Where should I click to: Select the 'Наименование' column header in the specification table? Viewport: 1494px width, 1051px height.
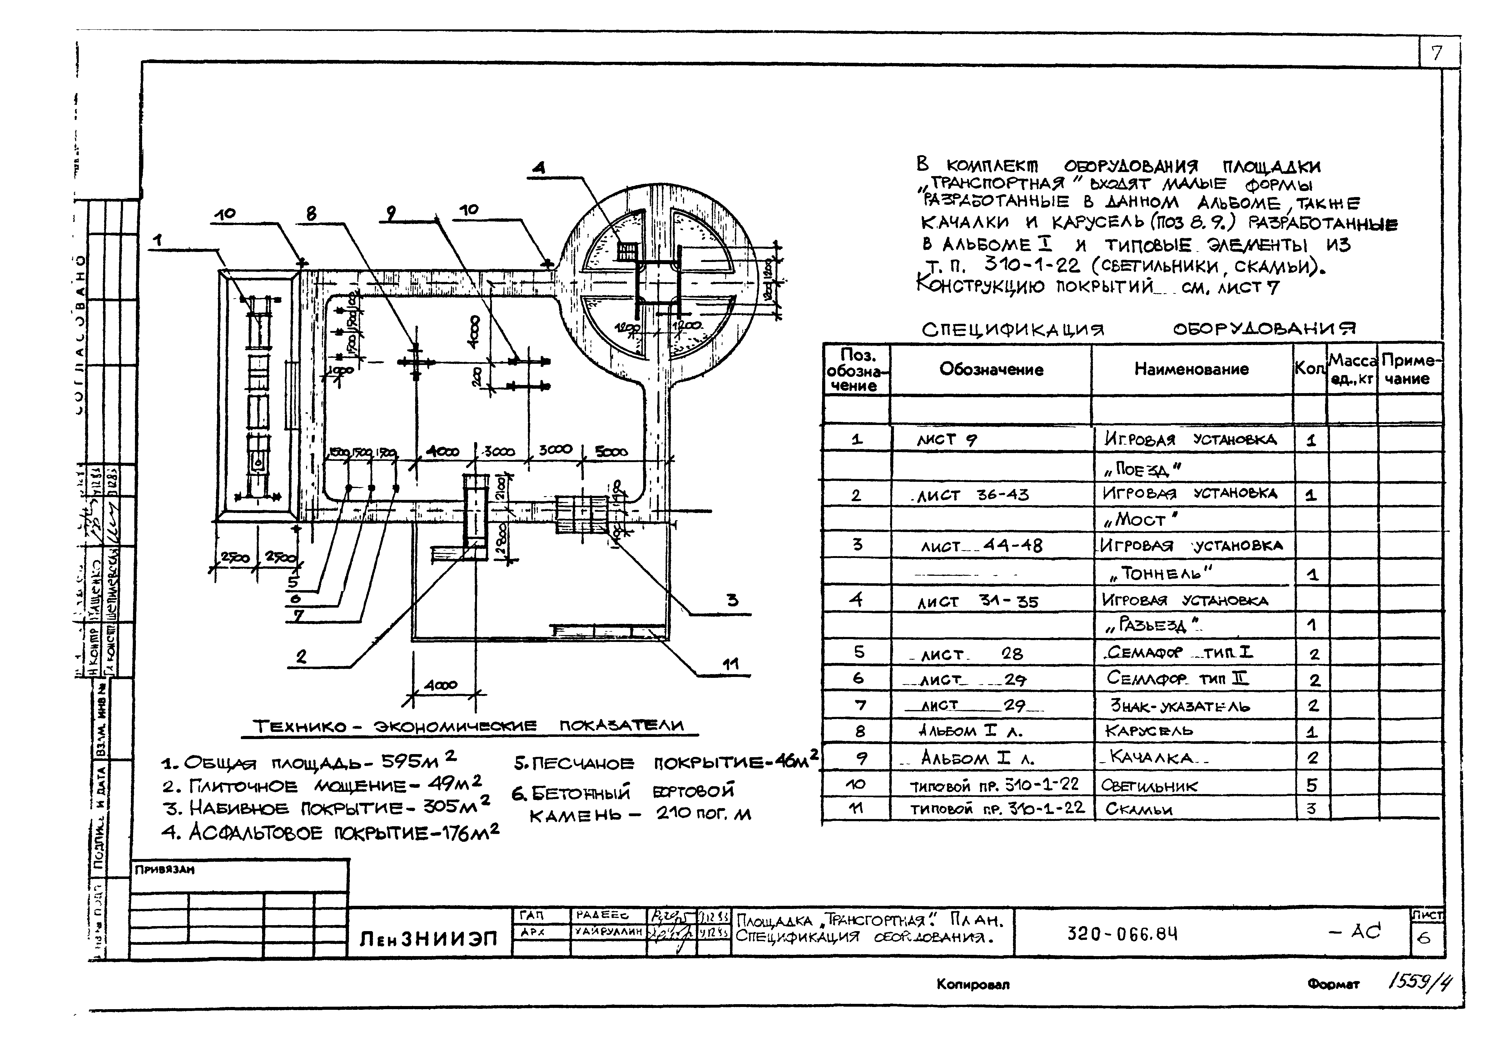tap(1191, 369)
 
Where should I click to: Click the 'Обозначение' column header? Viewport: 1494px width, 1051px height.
tap(991, 369)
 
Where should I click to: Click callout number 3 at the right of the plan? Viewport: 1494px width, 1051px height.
tap(733, 600)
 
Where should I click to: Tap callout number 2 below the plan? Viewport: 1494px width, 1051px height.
tap(300, 657)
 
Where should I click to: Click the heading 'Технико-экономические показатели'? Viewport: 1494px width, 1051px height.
tap(469, 726)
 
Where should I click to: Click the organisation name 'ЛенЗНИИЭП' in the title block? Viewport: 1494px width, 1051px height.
tap(429, 939)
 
